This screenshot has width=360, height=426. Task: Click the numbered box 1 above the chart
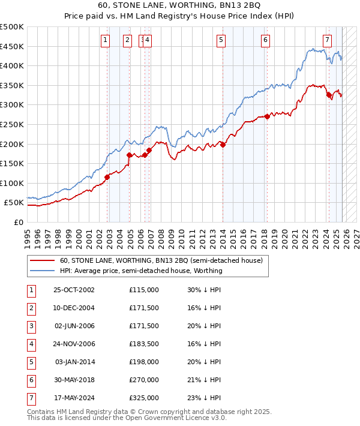coord(106,40)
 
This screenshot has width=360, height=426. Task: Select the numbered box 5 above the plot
coord(221,40)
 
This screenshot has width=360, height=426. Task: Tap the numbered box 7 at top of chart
coord(327,40)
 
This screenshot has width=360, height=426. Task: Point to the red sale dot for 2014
coord(223,145)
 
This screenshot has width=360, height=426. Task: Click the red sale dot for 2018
coord(267,116)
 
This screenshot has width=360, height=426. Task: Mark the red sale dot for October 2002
coord(107,177)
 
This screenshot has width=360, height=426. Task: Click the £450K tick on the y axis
coord(12,46)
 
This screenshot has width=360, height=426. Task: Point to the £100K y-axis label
coord(12,183)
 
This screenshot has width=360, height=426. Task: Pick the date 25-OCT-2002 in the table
coord(74,290)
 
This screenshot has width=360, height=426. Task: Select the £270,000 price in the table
coord(144,380)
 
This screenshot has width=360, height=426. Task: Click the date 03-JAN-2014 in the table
coord(74,362)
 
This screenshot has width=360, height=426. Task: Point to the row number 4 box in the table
coord(31,344)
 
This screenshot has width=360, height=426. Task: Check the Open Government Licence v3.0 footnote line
coord(127,418)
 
